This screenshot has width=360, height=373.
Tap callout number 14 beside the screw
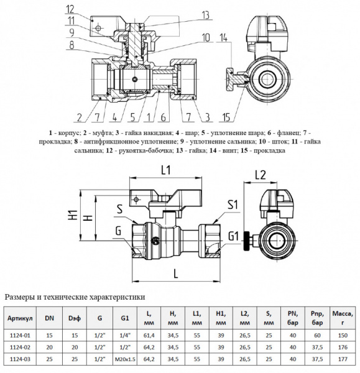pyautogui.click(x=223, y=40)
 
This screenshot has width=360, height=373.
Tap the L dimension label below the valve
pyautogui.click(x=177, y=273)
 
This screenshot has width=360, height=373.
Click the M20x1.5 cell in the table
pyautogui.click(x=127, y=360)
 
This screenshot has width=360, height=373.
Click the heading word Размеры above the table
pyautogui.click(x=22, y=297)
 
